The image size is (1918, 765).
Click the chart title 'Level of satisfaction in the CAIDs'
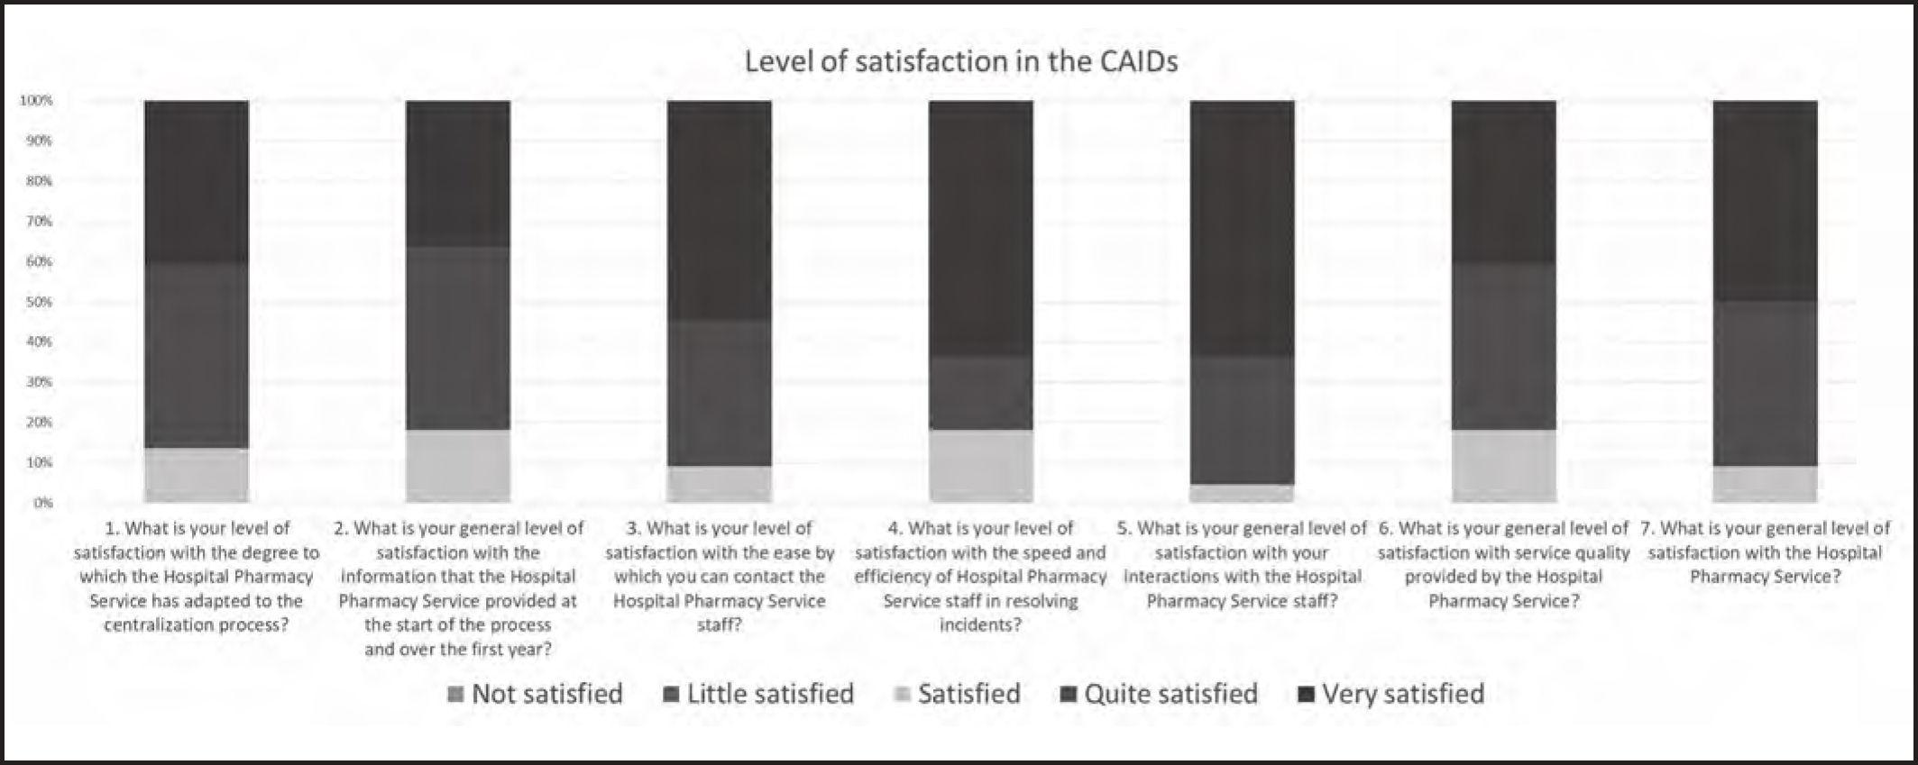[x=960, y=61]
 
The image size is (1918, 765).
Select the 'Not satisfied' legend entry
[x=536, y=694]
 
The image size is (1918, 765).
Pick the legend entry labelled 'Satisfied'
[x=958, y=694]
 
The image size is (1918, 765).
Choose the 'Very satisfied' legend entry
[x=1391, y=694]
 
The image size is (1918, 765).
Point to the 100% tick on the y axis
[x=36, y=101]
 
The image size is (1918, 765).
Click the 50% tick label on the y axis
[x=38, y=302]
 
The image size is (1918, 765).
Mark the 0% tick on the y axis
[x=42, y=503]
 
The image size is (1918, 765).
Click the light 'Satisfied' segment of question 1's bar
[x=197, y=475]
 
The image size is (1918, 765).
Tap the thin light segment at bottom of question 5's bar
[x=1243, y=494]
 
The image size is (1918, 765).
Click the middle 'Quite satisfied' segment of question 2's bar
[x=458, y=338]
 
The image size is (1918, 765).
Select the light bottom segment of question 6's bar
[x=1503, y=466]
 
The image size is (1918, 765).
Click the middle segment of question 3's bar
[x=719, y=393]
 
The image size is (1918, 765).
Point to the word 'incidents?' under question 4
[x=980, y=624]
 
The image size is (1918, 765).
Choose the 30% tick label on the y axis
[x=38, y=382]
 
